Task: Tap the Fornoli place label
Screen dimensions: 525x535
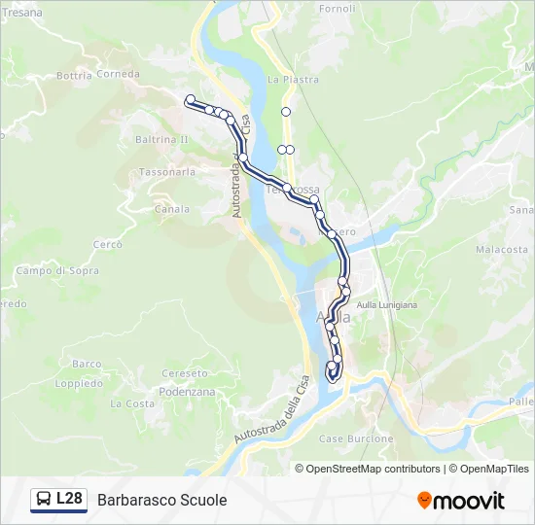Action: [x=337, y=9]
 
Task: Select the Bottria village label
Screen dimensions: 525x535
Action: [x=73, y=75]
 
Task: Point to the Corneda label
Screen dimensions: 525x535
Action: [x=118, y=74]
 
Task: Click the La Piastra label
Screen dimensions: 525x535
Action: [x=287, y=80]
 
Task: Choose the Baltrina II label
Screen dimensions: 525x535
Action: [x=161, y=140]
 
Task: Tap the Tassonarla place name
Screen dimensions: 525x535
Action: [x=167, y=172]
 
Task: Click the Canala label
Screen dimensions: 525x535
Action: [x=172, y=209]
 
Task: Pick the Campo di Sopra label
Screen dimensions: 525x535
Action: [x=57, y=271]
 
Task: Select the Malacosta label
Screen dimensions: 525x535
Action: [x=501, y=250]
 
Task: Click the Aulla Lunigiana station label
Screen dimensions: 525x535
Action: [x=387, y=305]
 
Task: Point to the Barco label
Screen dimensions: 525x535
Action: [x=87, y=365]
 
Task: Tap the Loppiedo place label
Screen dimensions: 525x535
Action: [x=80, y=384]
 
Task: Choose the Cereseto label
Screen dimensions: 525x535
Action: [x=185, y=374]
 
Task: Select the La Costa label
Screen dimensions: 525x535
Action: [x=132, y=403]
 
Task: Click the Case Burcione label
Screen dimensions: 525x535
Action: [x=356, y=439]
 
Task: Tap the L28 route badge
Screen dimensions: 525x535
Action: [x=59, y=500]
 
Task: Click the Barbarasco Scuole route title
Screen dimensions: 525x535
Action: [x=161, y=501]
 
